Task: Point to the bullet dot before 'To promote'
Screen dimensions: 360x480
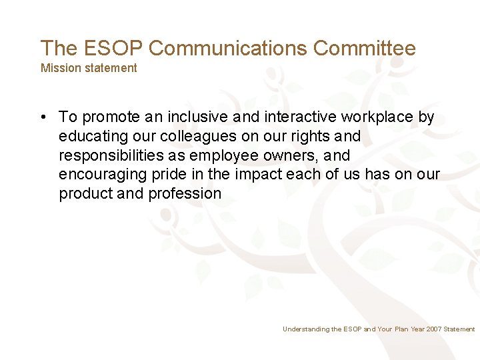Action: point(43,117)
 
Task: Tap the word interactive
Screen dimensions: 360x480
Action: point(301,117)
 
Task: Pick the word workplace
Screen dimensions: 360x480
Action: point(377,117)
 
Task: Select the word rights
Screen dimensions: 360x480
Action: point(311,137)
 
